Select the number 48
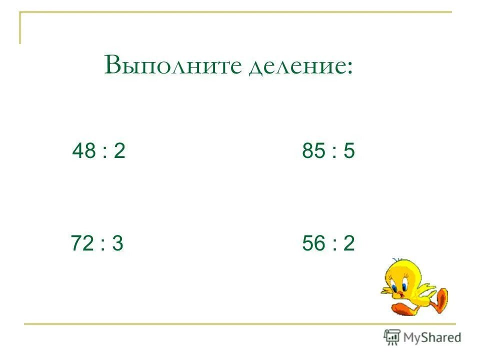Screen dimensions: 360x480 coord(83,150)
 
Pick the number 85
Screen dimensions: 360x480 coord(313,150)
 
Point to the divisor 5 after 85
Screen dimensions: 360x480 coord(348,150)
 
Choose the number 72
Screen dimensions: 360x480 coord(82,243)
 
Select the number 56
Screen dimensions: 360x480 coord(313,243)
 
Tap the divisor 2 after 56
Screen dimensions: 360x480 coord(348,243)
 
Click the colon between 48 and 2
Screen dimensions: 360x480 coord(103,152)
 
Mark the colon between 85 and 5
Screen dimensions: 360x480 coord(333,152)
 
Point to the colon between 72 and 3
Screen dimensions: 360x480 coord(102,245)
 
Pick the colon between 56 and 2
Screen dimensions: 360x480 coord(333,245)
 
